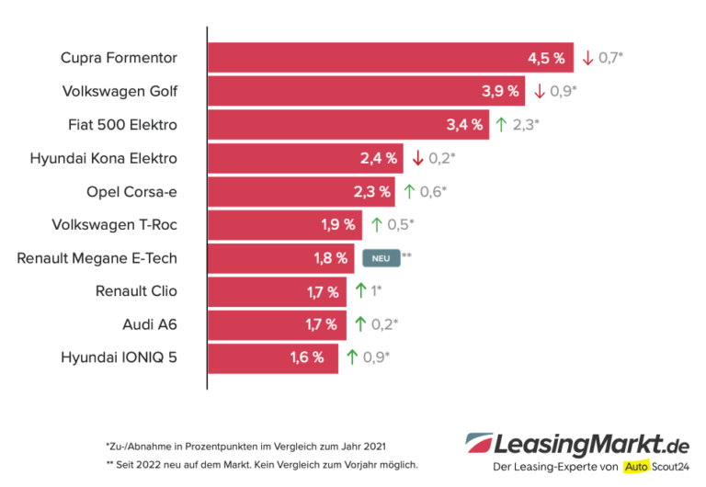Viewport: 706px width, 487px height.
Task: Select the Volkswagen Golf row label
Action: (120, 91)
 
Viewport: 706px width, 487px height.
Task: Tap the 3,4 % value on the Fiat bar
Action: (464, 125)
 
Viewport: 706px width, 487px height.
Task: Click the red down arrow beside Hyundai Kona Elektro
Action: (417, 158)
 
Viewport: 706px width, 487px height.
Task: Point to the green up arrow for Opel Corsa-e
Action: (410, 191)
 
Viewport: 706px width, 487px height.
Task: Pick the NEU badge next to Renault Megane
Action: (381, 258)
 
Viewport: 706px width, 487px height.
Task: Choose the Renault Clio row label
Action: (136, 291)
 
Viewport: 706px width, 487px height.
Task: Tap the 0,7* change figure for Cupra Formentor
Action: (611, 58)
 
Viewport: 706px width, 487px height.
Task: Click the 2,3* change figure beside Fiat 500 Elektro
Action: (525, 125)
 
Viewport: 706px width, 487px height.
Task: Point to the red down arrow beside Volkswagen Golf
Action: (540, 91)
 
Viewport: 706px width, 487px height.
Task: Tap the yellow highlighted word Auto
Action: (635, 467)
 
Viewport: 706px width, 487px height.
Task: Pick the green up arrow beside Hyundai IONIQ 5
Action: (352, 358)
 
